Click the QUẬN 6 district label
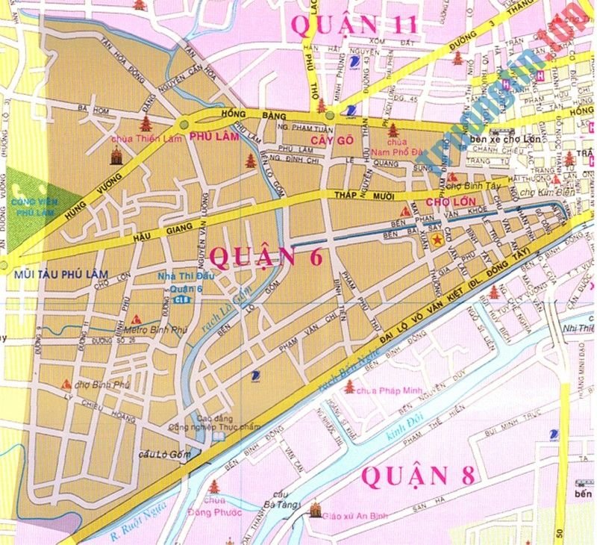point(266,256)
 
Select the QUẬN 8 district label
point(419,475)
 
